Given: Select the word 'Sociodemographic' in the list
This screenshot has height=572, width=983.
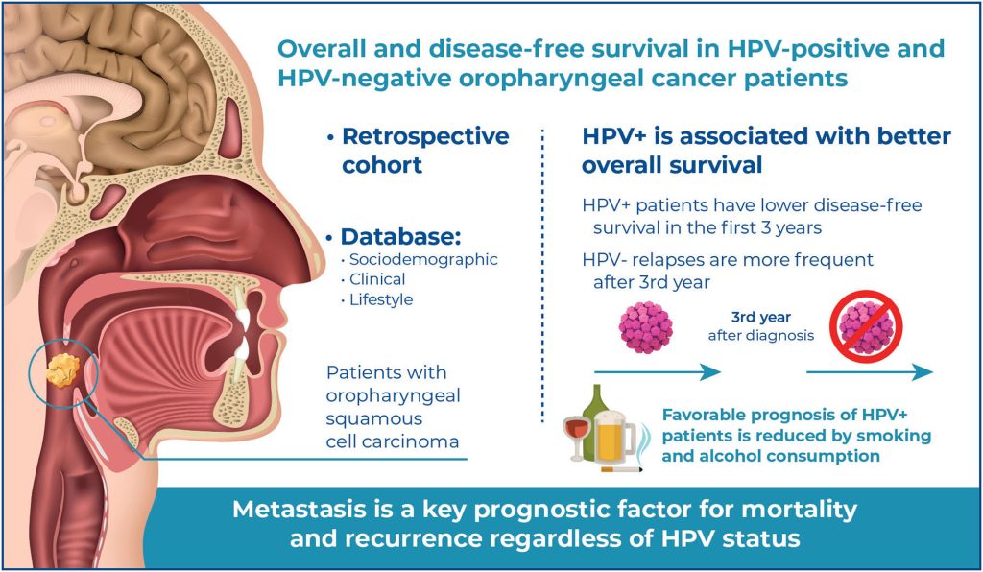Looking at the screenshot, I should click(406, 260).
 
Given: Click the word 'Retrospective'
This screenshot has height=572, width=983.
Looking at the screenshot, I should click(426, 136).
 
